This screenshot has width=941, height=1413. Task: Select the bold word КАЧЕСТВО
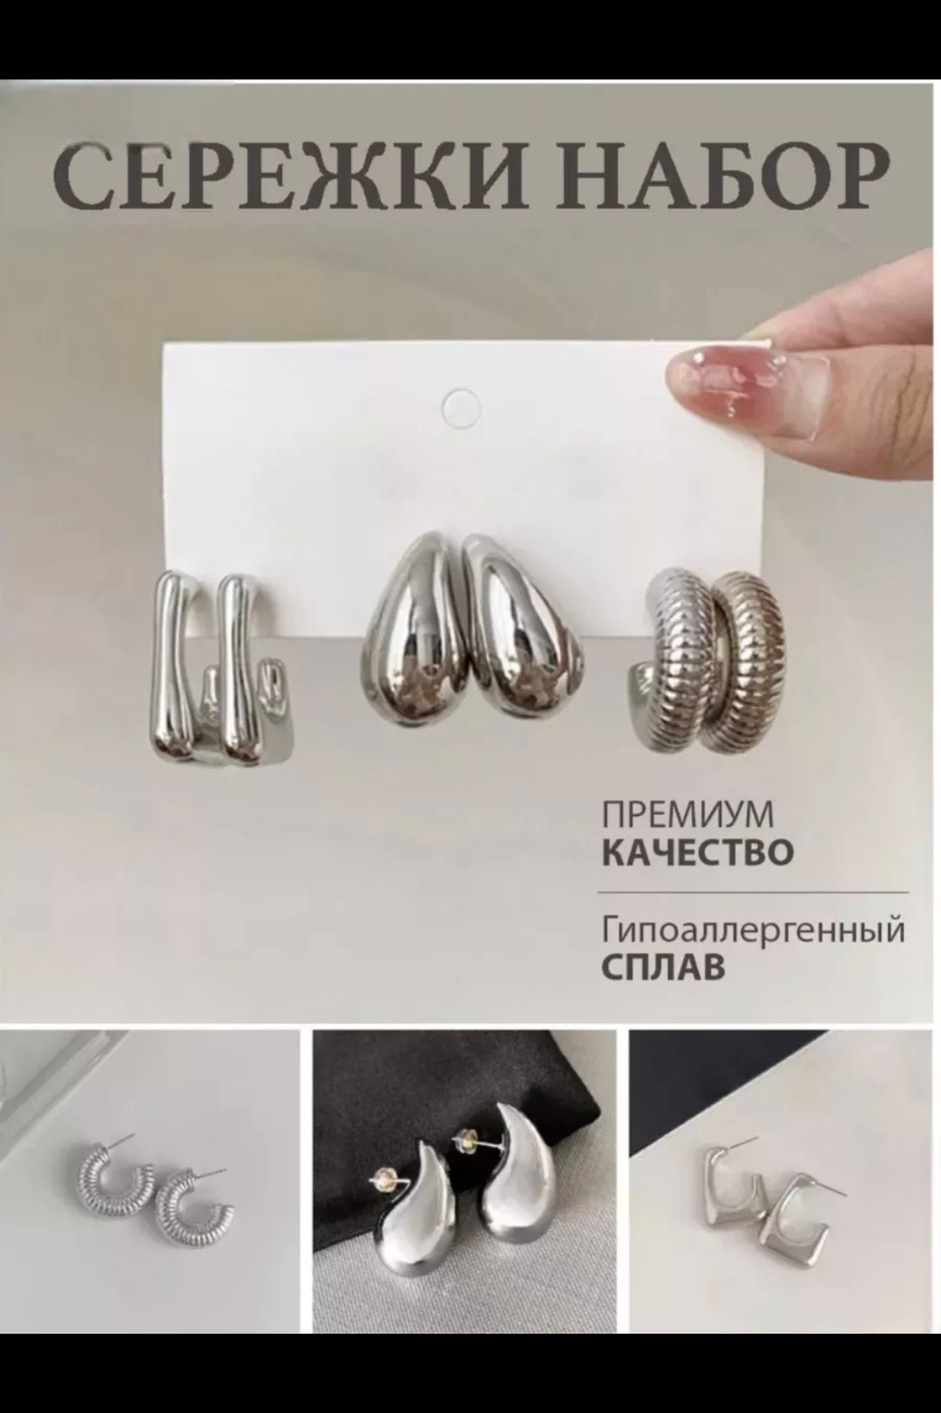click(698, 852)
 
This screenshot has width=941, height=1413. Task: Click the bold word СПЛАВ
click(663, 968)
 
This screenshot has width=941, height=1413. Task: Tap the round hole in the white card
click(461, 406)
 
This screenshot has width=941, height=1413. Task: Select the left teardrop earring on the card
click(410, 622)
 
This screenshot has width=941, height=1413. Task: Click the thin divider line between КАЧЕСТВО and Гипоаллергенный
click(753, 893)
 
